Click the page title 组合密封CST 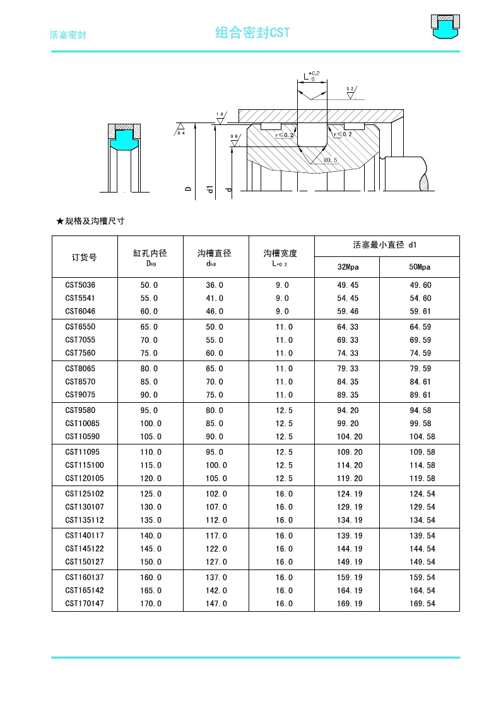tap(252, 33)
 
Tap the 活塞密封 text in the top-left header tap(68, 35)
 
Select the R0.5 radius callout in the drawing tap(331, 160)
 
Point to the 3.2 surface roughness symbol tap(351, 93)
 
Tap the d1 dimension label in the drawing tap(210, 188)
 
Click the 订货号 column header tap(85, 257)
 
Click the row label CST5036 tap(80, 285)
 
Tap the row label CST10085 tap(82, 424)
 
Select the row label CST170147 tap(84, 604)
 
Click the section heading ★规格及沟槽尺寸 tap(91, 221)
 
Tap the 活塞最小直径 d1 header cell tap(386, 244)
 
